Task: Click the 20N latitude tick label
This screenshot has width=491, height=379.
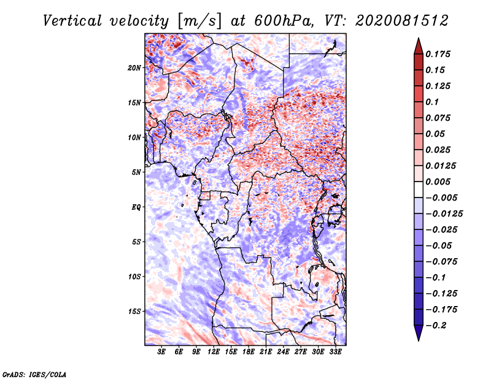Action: [x=134, y=68]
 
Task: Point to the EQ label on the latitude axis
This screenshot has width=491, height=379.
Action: [x=136, y=207]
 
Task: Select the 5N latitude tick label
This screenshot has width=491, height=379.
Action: [x=136, y=172]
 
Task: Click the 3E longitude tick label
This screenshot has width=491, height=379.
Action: [x=161, y=352]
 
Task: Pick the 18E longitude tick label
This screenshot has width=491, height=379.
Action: [x=249, y=352]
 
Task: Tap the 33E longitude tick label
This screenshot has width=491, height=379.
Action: [x=335, y=352]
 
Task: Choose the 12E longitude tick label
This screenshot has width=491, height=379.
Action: [x=214, y=352]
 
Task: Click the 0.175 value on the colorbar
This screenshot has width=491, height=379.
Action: [x=438, y=54]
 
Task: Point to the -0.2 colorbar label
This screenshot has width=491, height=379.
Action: [x=436, y=326]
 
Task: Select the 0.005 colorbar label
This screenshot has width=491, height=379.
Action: [x=438, y=182]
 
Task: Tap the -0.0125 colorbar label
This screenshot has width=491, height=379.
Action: [x=444, y=214]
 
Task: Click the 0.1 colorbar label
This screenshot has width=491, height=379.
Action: [x=432, y=102]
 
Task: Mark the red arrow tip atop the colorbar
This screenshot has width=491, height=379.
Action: [x=419, y=39]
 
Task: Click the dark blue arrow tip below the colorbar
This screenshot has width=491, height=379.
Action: [x=419, y=340]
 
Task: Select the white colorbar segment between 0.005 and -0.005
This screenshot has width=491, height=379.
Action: [x=419, y=189]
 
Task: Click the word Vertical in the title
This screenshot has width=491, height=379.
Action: [x=72, y=21]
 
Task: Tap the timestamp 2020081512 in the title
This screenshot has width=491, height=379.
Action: [x=402, y=21]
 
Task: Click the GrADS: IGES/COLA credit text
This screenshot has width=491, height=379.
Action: [x=34, y=374]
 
